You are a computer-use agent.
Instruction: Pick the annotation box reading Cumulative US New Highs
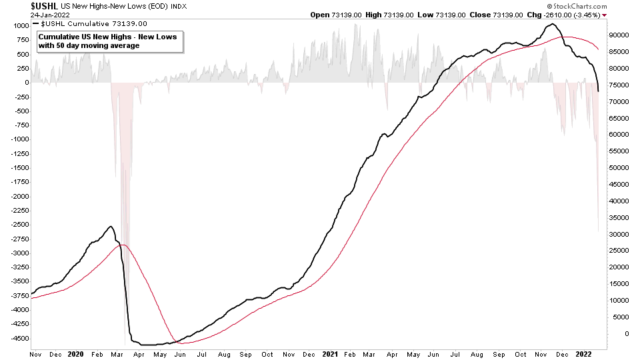[x=108, y=41]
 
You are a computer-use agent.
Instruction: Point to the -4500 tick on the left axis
[x=18, y=338]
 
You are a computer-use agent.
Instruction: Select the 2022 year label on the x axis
[x=585, y=354]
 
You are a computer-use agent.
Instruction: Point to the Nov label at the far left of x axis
[x=37, y=354]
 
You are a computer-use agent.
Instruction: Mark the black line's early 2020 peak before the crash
[x=111, y=227]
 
